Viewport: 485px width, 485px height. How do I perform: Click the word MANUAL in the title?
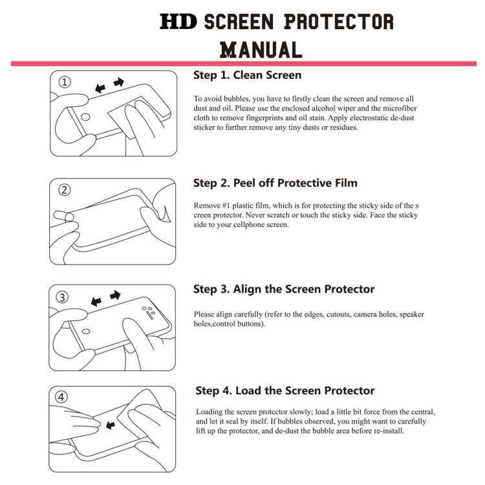(x=261, y=49)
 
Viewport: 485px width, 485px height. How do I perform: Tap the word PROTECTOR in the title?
(x=339, y=23)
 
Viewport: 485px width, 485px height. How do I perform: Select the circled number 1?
(x=65, y=82)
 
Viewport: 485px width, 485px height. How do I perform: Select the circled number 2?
(x=65, y=190)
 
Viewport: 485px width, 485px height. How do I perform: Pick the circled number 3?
(x=63, y=297)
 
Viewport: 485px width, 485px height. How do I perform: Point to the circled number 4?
(x=63, y=398)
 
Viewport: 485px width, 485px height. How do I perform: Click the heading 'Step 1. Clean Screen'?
(x=248, y=75)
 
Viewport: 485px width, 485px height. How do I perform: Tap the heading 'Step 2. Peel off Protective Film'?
(x=275, y=183)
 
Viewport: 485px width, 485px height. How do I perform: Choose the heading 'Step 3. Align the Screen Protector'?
(x=284, y=289)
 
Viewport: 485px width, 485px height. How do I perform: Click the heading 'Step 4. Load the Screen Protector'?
(x=285, y=391)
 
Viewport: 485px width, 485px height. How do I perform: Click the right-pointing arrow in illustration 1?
(x=118, y=82)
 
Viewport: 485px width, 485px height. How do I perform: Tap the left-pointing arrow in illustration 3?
(x=97, y=301)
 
